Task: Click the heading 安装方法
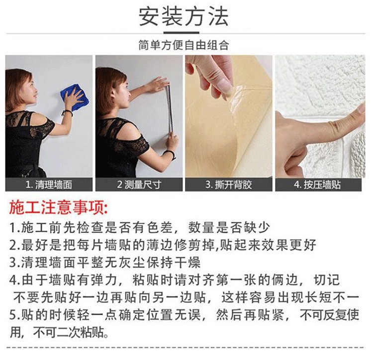(x=184, y=16)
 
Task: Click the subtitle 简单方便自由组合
(x=184, y=45)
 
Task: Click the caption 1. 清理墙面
(x=49, y=184)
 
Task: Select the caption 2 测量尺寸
(x=139, y=184)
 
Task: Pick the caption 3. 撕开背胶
(x=229, y=184)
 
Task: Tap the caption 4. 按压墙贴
(x=318, y=184)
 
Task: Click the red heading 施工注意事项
(x=59, y=207)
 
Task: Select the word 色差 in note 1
(x=160, y=227)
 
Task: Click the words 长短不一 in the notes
(x=332, y=297)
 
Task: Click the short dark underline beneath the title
(x=181, y=33)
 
